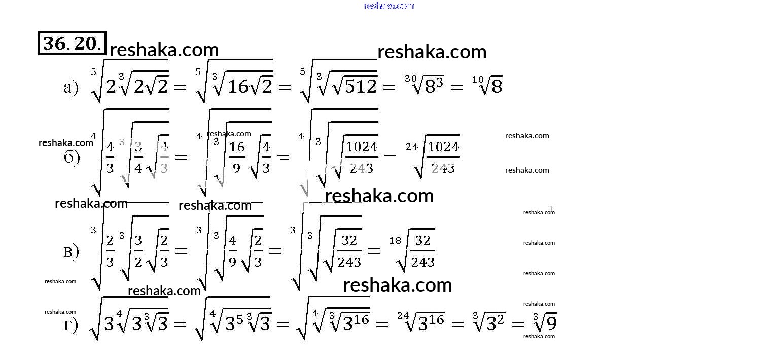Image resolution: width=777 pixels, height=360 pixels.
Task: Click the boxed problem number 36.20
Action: point(72,44)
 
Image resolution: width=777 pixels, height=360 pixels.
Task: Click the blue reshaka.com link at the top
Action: point(389,6)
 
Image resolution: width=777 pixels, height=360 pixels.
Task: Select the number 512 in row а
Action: point(361,87)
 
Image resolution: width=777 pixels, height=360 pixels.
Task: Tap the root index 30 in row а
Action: point(411,78)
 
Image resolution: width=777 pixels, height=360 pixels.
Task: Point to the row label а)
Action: point(71,88)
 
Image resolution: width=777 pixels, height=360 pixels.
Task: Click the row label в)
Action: point(71,251)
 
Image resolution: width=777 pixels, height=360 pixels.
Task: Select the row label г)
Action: point(71,325)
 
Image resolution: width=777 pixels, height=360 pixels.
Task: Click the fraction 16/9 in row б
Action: point(237,157)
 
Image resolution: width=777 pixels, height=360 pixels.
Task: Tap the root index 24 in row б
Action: point(412,147)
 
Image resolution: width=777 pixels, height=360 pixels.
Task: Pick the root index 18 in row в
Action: point(395,240)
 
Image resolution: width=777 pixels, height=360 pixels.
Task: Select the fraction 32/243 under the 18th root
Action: point(422,251)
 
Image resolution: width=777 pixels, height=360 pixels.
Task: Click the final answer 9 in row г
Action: point(551,323)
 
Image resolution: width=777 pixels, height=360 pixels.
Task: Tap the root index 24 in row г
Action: point(403,316)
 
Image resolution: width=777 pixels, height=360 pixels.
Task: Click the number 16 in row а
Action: point(237,87)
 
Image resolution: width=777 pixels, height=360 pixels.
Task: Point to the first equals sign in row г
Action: point(181,324)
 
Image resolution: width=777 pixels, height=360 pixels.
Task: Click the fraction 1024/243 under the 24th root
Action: point(443,157)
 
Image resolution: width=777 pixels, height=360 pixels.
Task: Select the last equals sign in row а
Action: point(456,87)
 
